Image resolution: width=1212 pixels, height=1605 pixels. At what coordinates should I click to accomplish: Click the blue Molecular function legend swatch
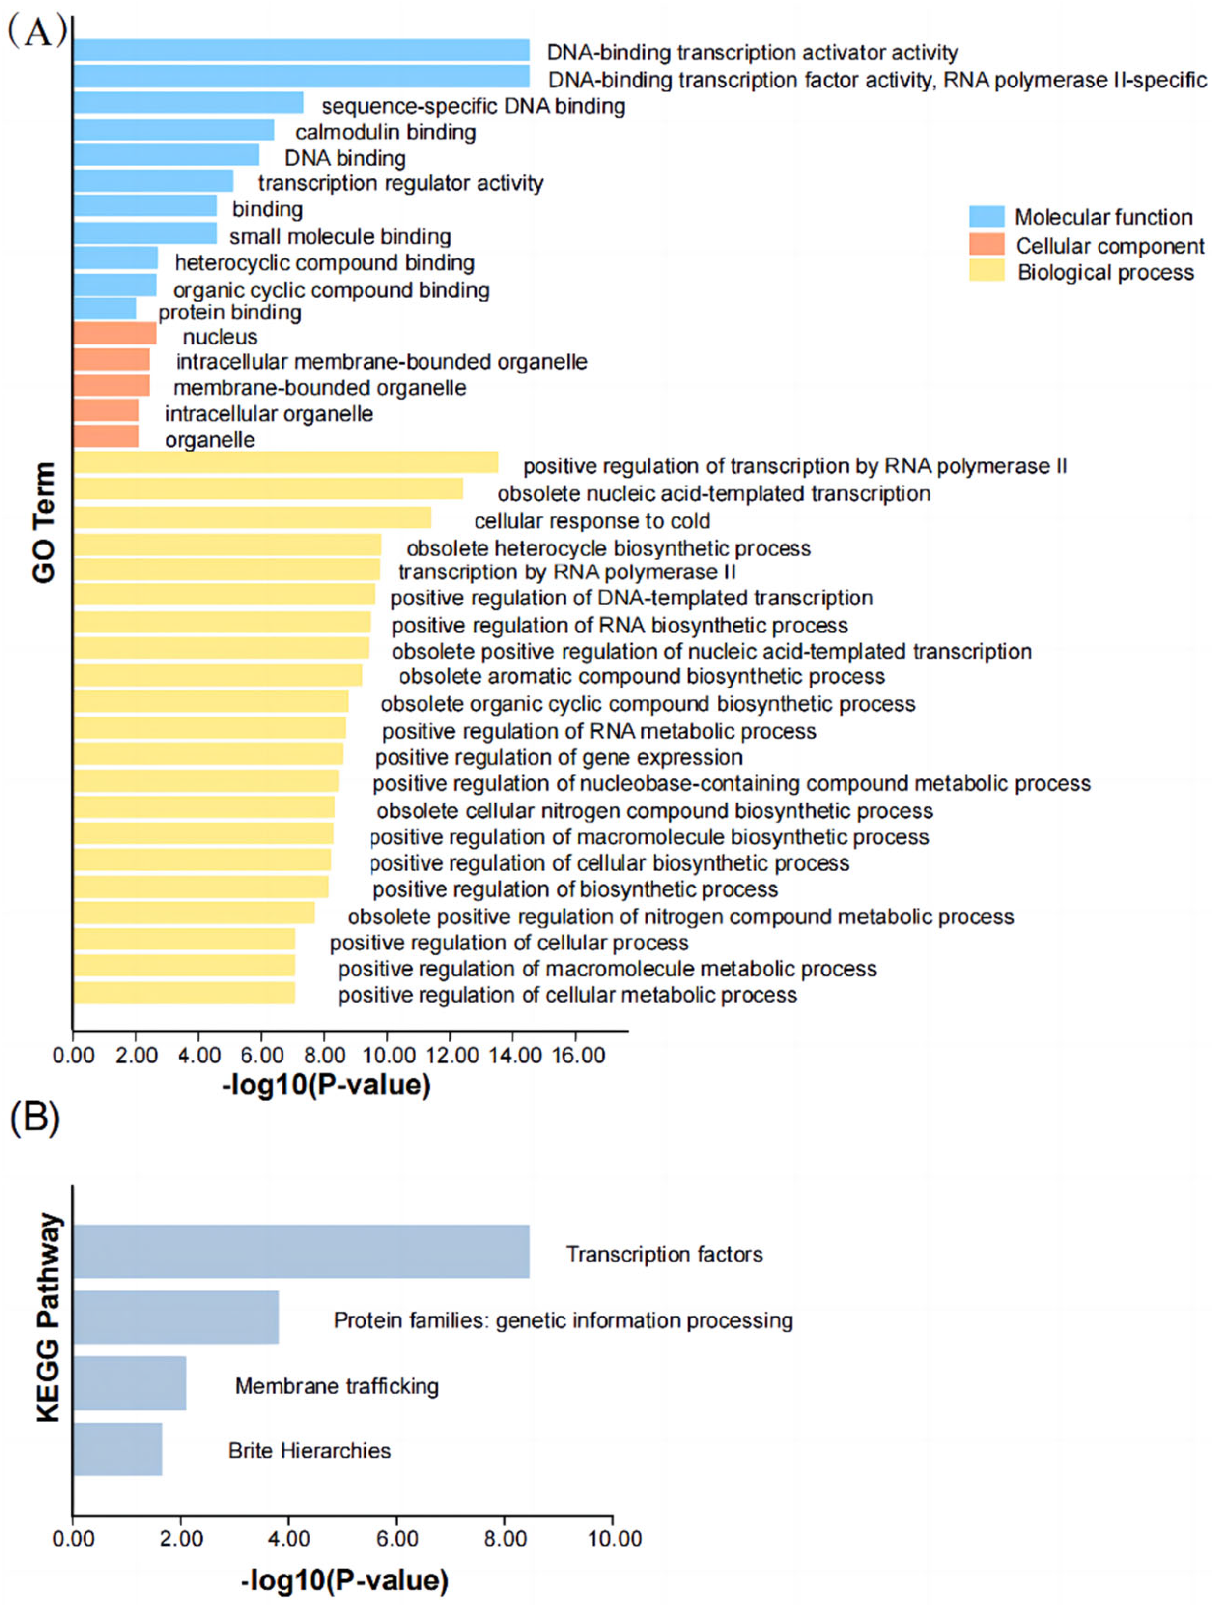[x=987, y=216]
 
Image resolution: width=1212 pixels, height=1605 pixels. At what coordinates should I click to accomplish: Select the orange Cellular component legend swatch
[x=987, y=245]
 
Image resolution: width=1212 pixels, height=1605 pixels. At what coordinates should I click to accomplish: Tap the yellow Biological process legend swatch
[x=987, y=271]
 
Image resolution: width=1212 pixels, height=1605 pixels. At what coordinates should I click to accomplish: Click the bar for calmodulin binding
[x=173, y=131]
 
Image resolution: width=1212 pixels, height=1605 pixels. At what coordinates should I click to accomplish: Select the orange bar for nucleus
[x=114, y=334]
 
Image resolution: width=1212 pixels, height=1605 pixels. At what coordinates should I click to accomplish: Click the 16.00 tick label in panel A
[x=578, y=1055]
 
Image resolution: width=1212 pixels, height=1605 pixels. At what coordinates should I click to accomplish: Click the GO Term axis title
[x=44, y=522]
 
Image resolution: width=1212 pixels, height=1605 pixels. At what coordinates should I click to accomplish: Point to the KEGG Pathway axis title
[x=49, y=1317]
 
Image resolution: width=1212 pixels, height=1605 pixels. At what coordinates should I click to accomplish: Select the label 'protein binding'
[x=230, y=313]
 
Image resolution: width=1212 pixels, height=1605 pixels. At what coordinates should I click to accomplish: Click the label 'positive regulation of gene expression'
[x=559, y=757]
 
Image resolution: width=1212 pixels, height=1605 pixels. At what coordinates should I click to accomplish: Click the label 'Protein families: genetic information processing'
[x=563, y=1320]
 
